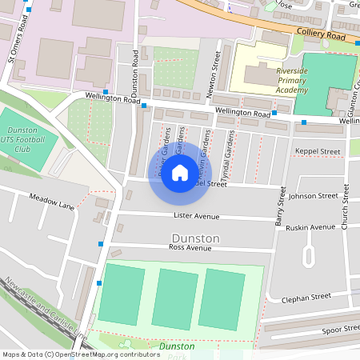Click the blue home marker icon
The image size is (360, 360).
[180, 173]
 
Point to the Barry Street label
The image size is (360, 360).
[281, 207]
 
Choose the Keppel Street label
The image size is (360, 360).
[318, 151]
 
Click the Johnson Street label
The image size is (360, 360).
[314, 195]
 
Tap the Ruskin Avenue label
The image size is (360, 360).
[312, 227]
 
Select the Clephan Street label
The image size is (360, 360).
[306, 298]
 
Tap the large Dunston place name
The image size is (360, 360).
[195, 238]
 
